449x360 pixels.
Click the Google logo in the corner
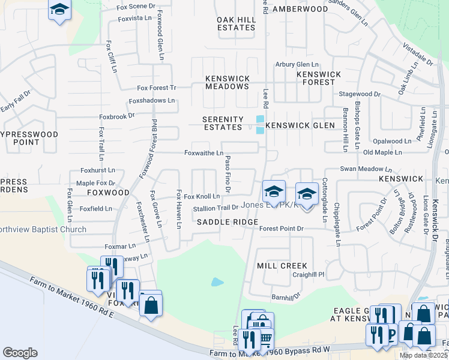click(20, 353)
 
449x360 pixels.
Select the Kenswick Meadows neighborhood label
click(227, 82)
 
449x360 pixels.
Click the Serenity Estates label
click(223, 123)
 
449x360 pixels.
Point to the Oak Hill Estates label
click(236, 23)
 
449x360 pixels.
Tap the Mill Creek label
click(282, 265)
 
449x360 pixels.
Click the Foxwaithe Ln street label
click(203, 153)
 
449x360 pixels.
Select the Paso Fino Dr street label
click(228, 171)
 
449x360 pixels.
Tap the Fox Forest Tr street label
click(156, 88)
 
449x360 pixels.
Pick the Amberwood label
click(300, 9)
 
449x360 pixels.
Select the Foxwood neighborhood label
click(108, 193)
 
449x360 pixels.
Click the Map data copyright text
click(423, 355)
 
